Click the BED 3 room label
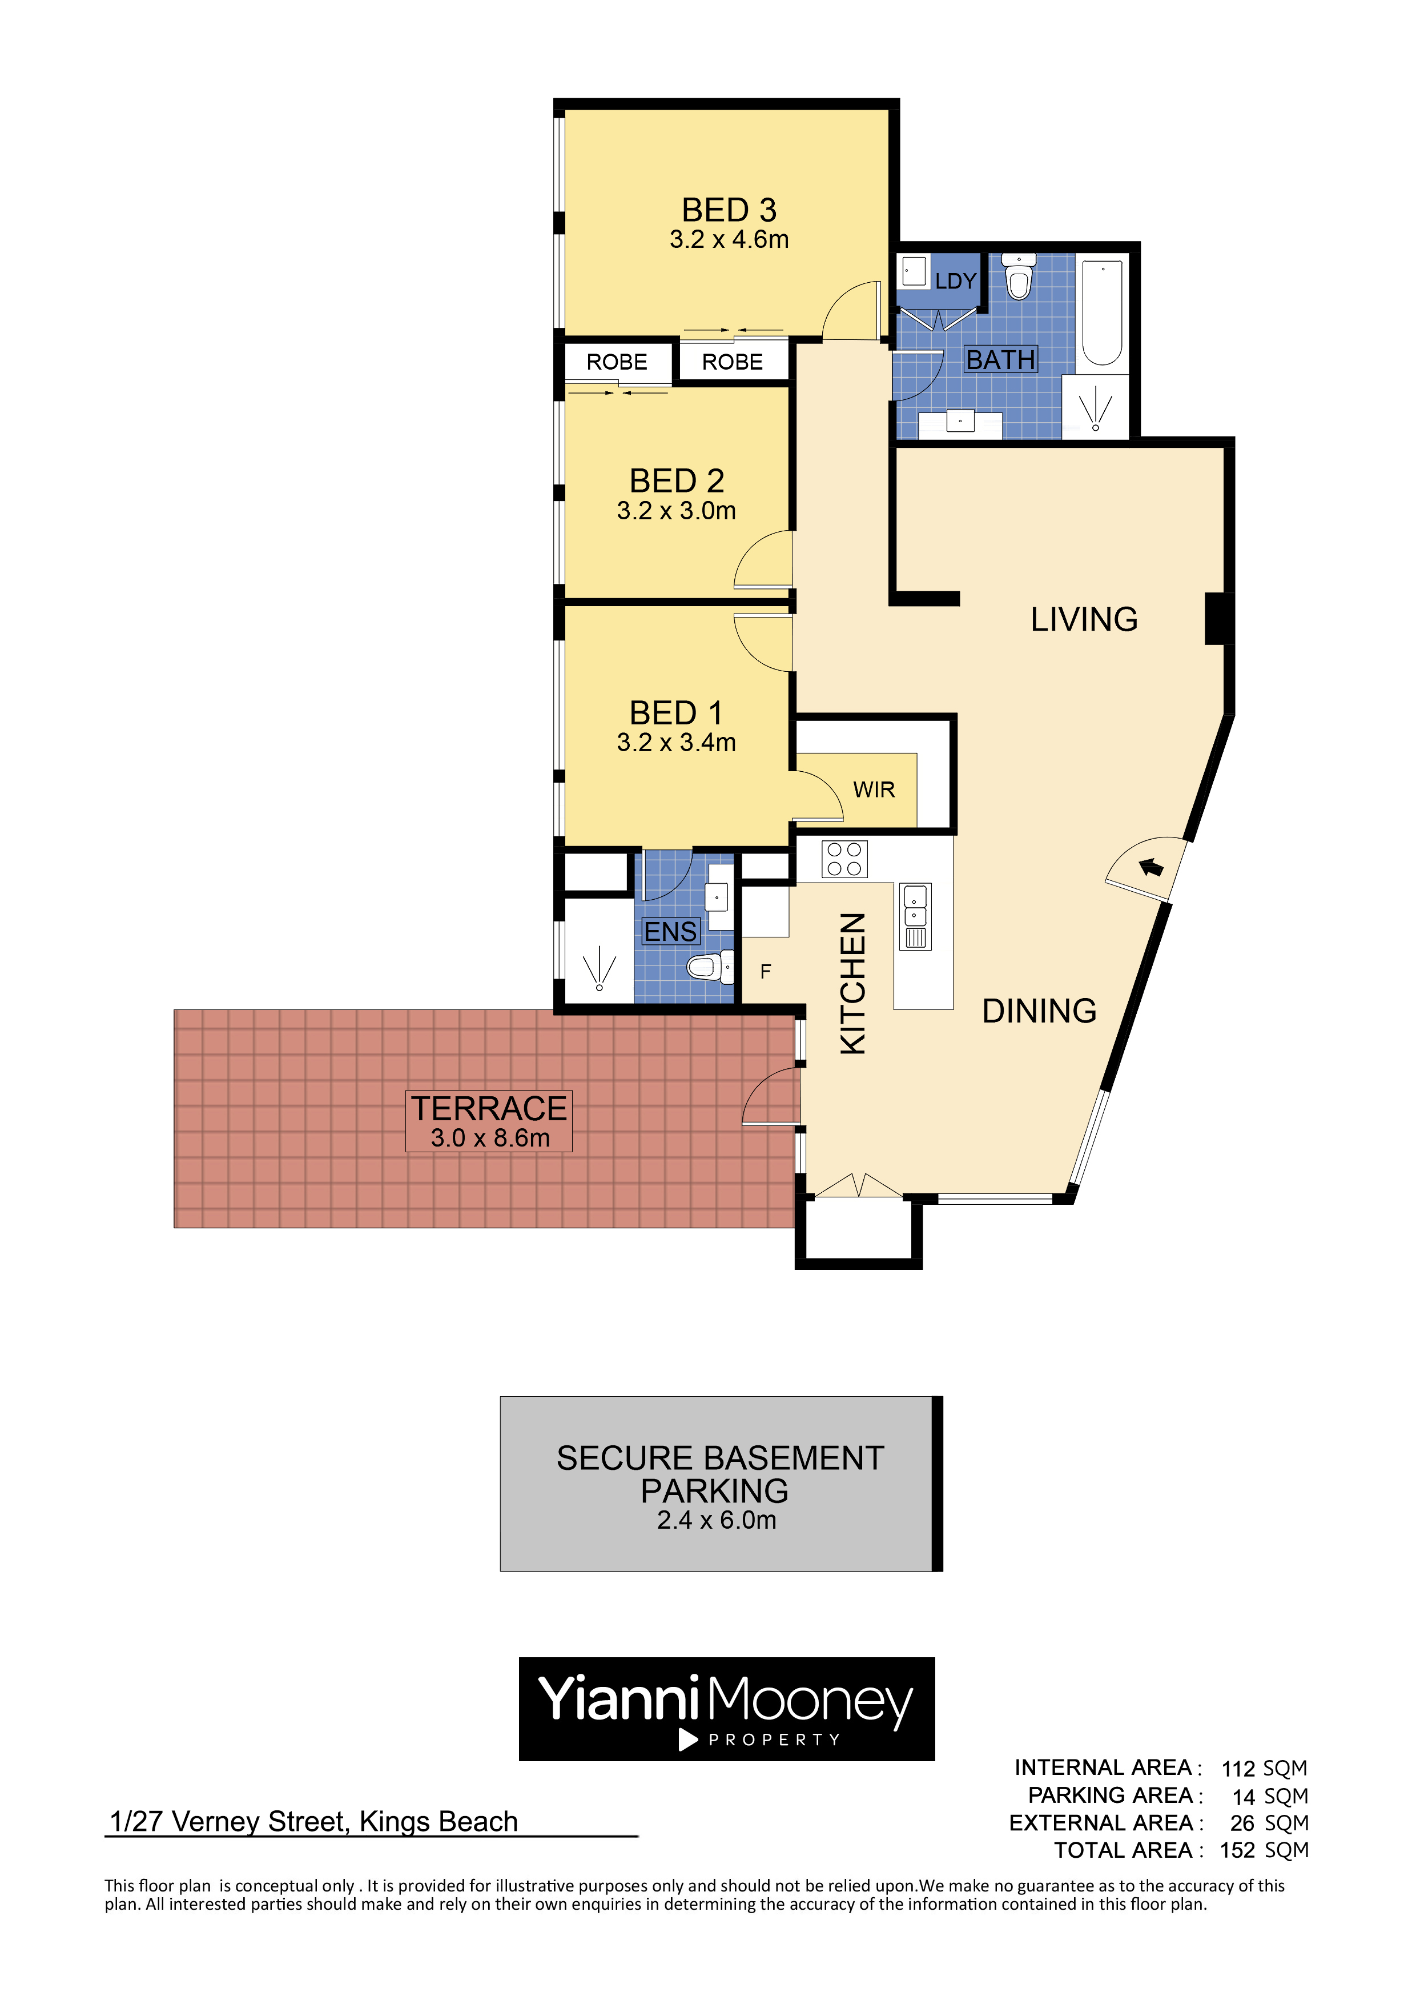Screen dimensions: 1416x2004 point(729,210)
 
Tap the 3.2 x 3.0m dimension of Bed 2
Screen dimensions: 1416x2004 point(676,511)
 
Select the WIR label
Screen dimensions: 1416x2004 point(874,790)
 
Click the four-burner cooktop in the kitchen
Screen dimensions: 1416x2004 point(844,859)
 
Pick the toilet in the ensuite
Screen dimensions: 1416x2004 point(710,967)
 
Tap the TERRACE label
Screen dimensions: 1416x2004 point(489,1108)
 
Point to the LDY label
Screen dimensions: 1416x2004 point(955,281)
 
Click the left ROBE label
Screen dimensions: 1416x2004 point(617,362)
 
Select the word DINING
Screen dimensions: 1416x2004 point(1039,1011)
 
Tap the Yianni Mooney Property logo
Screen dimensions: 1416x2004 point(727,1709)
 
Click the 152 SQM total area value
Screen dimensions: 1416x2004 point(1264,1850)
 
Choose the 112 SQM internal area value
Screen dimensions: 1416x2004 point(1264,1768)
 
